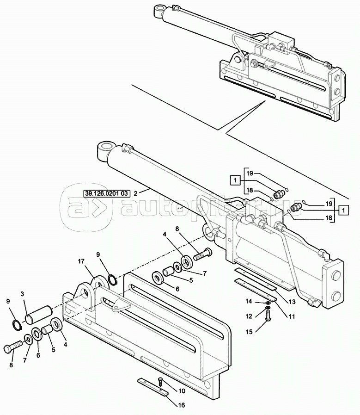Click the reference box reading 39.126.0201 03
pos(106,193)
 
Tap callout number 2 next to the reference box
pos(135,194)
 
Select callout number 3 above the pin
pos(22,294)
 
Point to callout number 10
pos(182,391)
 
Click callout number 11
pos(292,316)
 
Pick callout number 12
pos(249,316)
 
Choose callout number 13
pos(292,302)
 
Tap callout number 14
pos(249,302)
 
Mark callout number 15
pos(249,332)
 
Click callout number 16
pos(182,405)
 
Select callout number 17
pos(81,261)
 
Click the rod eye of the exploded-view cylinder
pos(106,149)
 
